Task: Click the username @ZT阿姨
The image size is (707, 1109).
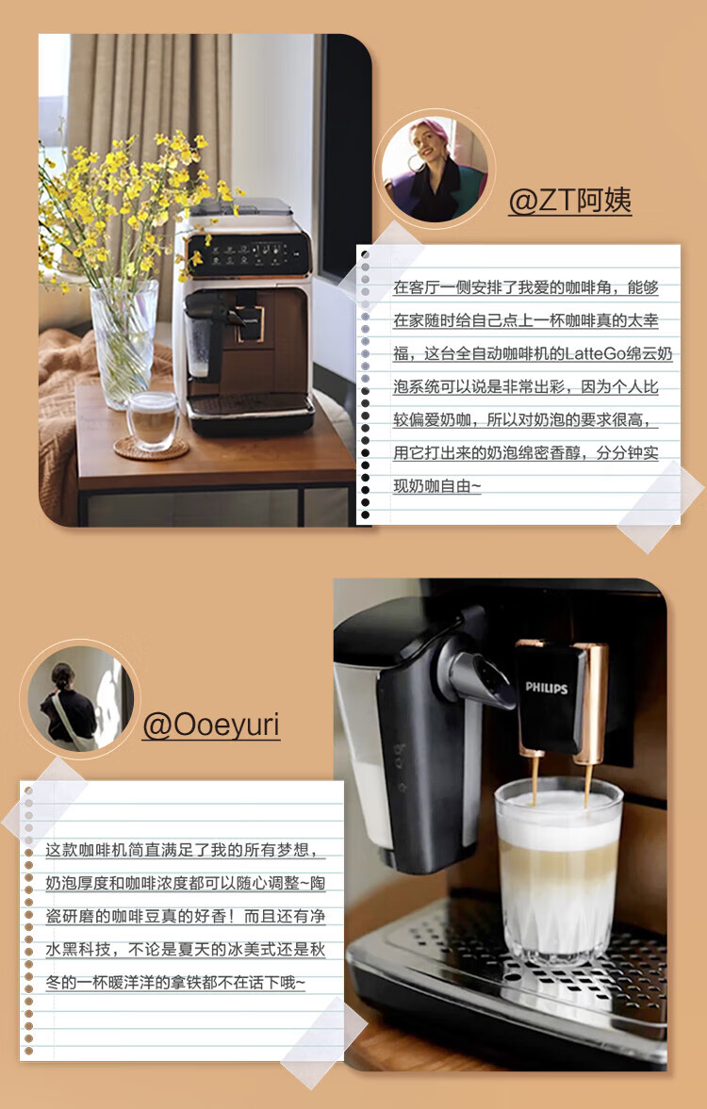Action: point(569,201)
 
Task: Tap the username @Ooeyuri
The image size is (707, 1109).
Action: point(211,725)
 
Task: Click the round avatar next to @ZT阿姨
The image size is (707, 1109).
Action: point(435,169)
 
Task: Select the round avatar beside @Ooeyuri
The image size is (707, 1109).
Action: point(80,699)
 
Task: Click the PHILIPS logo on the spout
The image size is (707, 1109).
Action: point(547,688)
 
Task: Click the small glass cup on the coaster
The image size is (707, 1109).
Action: point(152,420)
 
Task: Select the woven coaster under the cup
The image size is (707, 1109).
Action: point(151,448)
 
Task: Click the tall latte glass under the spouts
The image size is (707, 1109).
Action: point(558,870)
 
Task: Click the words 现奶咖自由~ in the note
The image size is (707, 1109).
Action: point(436,486)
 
